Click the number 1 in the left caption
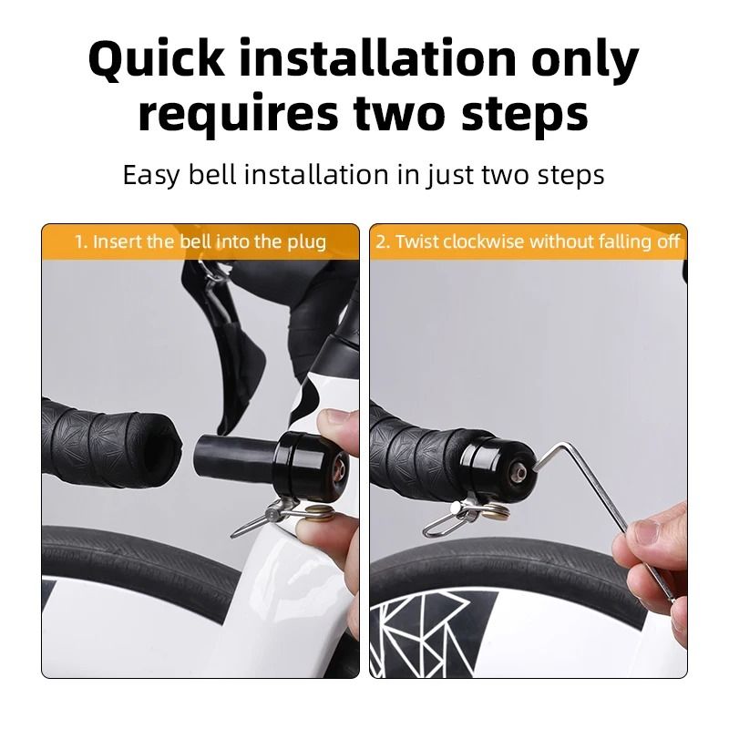[79, 242]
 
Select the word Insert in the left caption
[117, 242]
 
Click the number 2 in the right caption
[382, 242]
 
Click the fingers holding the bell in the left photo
[340, 428]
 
